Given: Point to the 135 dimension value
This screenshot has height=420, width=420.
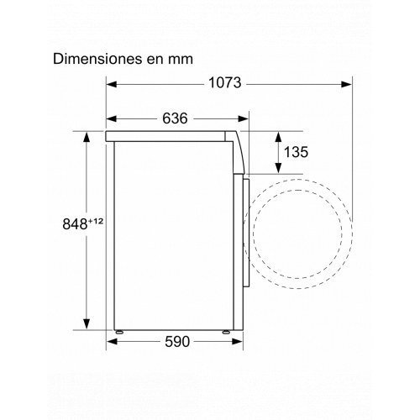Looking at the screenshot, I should pyautogui.click(x=296, y=152).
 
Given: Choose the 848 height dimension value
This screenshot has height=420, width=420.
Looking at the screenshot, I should pyautogui.click(x=76, y=223).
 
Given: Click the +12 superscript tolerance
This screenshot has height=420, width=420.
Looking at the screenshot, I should pyautogui.click(x=98, y=219).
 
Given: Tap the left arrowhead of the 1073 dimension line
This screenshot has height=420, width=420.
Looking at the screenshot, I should pyautogui.click(x=113, y=83).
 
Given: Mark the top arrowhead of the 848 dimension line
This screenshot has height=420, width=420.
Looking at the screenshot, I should pyautogui.click(x=88, y=134).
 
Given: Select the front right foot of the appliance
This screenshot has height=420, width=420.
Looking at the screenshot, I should pyautogui.click(x=227, y=329).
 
